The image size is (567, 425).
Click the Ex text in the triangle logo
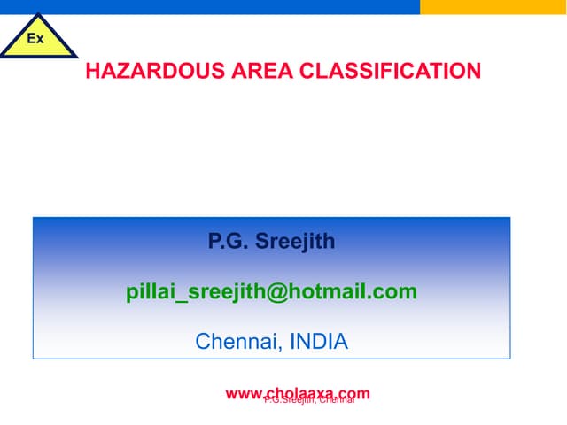tap(35, 39)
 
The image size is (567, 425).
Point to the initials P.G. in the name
tap(222, 241)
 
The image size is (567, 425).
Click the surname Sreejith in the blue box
tap(295, 241)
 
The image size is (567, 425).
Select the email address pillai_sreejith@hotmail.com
tap(271, 291)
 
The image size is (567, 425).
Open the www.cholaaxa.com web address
tap(298, 393)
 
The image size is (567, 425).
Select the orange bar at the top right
tap(493, 6)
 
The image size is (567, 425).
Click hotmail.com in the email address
tap(346, 291)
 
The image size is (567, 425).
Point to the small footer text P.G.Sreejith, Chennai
tap(309, 400)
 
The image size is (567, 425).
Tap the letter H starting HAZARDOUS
tap(92, 71)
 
